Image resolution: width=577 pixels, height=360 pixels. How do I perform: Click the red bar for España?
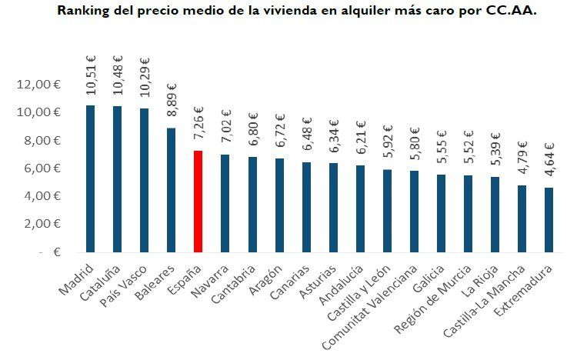click(197, 201)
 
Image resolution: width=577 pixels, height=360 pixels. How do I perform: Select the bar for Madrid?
click(89, 178)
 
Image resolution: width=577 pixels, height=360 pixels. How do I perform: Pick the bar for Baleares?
click(170, 190)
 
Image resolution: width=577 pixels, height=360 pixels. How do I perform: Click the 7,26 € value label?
click(198, 123)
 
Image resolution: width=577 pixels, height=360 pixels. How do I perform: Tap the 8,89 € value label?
click(171, 100)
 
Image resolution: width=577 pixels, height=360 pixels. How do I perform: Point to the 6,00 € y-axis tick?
click(39, 168)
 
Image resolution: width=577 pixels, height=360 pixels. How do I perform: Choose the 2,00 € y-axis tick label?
click(39, 224)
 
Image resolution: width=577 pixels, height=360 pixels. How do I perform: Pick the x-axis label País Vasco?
click(128, 283)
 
